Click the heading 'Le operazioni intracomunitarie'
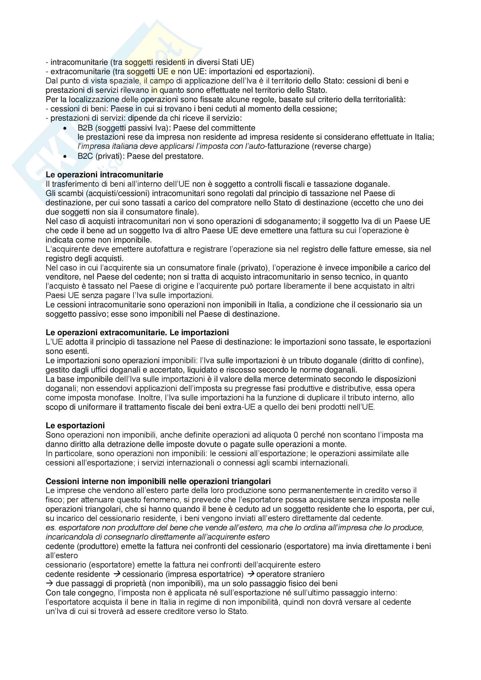pos(104,175)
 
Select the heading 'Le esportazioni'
pos(75,426)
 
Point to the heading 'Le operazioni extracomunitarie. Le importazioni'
pos(137,333)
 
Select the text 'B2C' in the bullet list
pos(85,156)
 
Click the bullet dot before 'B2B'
pos(65,128)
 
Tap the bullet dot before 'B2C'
pos(65,156)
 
